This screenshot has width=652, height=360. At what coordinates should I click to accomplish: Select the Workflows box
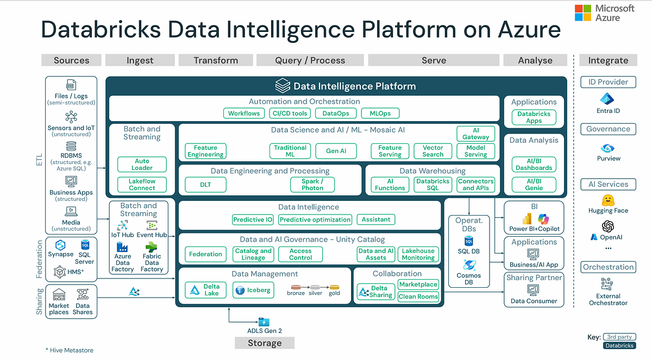tap(244, 113)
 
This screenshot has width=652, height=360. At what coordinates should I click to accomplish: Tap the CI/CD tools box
tap(290, 113)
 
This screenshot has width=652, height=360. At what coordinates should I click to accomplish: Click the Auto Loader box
tap(142, 165)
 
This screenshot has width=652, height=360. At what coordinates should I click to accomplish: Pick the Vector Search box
tap(432, 151)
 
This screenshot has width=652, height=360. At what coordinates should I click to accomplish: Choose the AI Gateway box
tap(476, 134)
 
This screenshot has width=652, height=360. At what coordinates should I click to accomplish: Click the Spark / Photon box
tap(312, 185)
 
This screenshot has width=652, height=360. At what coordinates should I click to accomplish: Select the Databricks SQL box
tap(432, 185)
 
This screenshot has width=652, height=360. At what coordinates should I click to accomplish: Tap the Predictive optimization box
tap(316, 220)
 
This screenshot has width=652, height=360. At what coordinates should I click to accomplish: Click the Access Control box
tap(300, 254)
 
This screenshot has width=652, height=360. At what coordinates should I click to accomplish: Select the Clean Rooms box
tap(418, 296)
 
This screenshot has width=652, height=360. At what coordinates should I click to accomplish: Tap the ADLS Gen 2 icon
tap(264, 322)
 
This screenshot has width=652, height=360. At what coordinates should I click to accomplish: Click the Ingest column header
tap(140, 60)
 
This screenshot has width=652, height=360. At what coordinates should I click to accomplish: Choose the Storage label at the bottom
tap(265, 343)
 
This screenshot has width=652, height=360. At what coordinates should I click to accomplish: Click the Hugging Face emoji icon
tap(608, 199)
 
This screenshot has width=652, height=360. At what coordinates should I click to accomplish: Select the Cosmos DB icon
tap(468, 265)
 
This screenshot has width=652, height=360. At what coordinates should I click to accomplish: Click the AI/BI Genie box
tap(534, 185)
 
